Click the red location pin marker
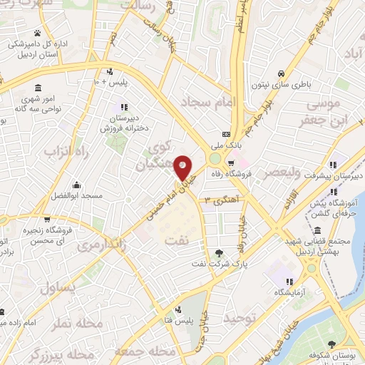[x=184, y=167]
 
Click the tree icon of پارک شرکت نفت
[x=219, y=254]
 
